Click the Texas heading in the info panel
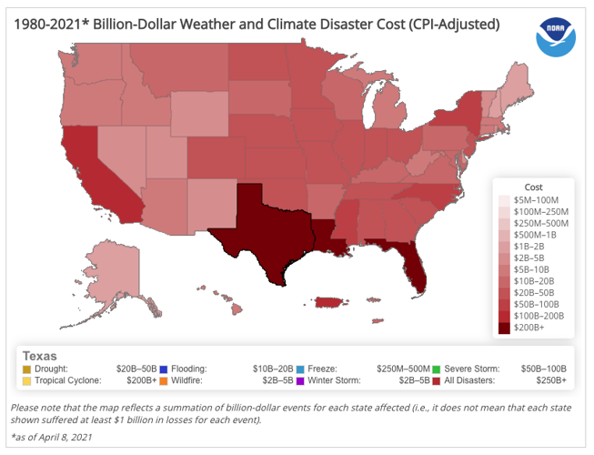tap(40, 356)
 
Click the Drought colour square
tap(27, 369)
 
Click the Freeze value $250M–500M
tap(400, 369)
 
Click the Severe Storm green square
tap(438, 369)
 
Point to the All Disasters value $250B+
tap(551, 380)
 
